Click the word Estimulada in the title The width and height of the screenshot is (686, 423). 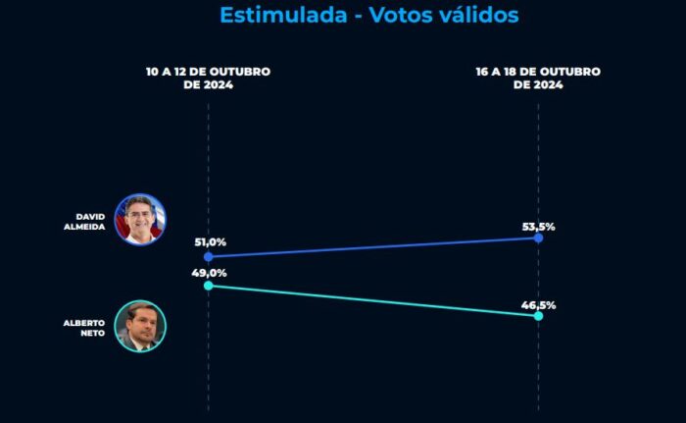click(283, 15)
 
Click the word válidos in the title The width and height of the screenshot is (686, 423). click(479, 15)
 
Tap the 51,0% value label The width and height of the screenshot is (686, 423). click(211, 242)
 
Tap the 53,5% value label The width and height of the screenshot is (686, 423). click(539, 227)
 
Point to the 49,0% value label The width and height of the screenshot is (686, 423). click(209, 273)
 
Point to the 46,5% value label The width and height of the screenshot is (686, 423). click(539, 305)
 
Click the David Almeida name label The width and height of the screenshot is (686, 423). click(84, 222)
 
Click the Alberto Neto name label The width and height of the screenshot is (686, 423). click(84, 328)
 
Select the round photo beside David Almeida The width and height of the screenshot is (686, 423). click(140, 219)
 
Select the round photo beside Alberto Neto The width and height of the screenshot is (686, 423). click(140, 326)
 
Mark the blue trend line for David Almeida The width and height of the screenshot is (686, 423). click(373, 247)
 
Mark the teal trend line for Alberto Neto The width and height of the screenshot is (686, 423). click(373, 300)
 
